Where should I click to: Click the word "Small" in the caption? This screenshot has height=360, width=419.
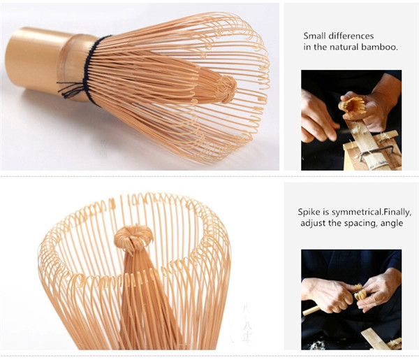pos(314,36)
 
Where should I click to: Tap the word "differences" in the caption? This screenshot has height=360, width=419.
pos(351,36)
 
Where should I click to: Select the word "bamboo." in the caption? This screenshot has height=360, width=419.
pos(379,47)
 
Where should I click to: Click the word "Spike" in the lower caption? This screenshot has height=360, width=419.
pos(309,212)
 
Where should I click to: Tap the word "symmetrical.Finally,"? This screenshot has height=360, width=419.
pos(371,213)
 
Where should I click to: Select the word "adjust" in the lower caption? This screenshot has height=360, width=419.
pos(313,223)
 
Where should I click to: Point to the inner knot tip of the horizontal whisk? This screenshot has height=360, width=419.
pos(228,89)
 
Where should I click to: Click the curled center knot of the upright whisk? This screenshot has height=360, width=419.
pos(133,237)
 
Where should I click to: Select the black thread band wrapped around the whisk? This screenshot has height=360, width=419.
pos(91,70)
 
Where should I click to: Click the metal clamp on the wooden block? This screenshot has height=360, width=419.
pos(376,152)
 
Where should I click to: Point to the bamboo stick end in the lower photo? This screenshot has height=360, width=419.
pos(311,310)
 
